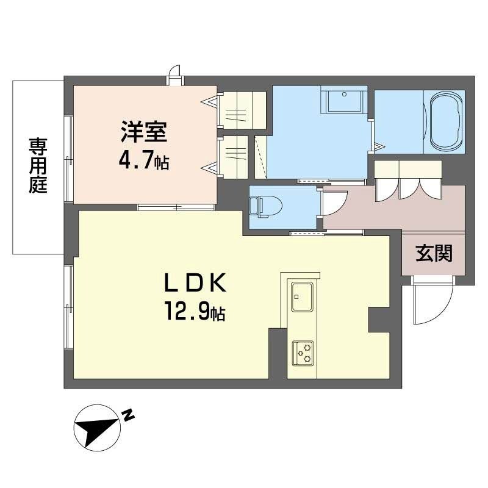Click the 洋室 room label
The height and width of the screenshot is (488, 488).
coord(144,134)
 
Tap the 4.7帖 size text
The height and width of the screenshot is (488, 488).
coord(144,162)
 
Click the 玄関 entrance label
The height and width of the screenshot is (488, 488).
coord(434,253)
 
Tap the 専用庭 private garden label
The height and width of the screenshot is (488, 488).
coord(38,166)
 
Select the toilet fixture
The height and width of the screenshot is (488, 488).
coord(262,206)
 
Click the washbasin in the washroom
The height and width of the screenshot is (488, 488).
coord(344,100)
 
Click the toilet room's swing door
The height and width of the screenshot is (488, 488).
coord(334,203)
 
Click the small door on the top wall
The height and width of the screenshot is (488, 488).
coord(176,74)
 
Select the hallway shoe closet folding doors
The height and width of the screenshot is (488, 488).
coord(407,180)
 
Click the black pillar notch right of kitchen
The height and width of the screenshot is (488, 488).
coord(379,320)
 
